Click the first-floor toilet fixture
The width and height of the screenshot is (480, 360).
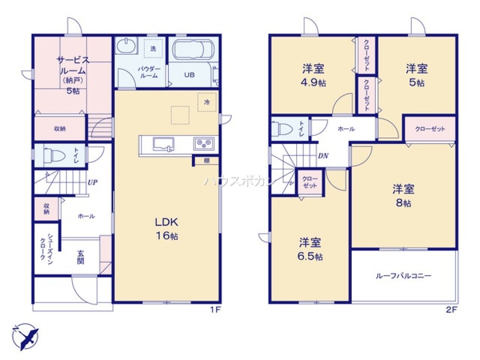pyautogui.click(x=53, y=156)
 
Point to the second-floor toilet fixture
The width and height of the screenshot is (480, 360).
pyautogui.click(x=280, y=129)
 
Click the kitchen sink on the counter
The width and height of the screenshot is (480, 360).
pyautogui.click(x=162, y=144)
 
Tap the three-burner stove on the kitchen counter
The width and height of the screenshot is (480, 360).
pyautogui.click(x=204, y=144)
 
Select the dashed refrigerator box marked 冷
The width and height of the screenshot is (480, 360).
pyautogui.click(x=207, y=102)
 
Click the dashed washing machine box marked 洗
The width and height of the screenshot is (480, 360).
pyautogui.click(x=154, y=48)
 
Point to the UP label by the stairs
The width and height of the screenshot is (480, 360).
pyautogui.click(x=92, y=183)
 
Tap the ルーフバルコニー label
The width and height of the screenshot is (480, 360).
pyautogui.click(x=403, y=276)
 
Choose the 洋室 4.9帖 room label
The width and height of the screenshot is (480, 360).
pyautogui.click(x=313, y=74)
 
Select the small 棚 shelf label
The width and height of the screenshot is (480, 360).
pyautogui.click(x=206, y=161)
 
